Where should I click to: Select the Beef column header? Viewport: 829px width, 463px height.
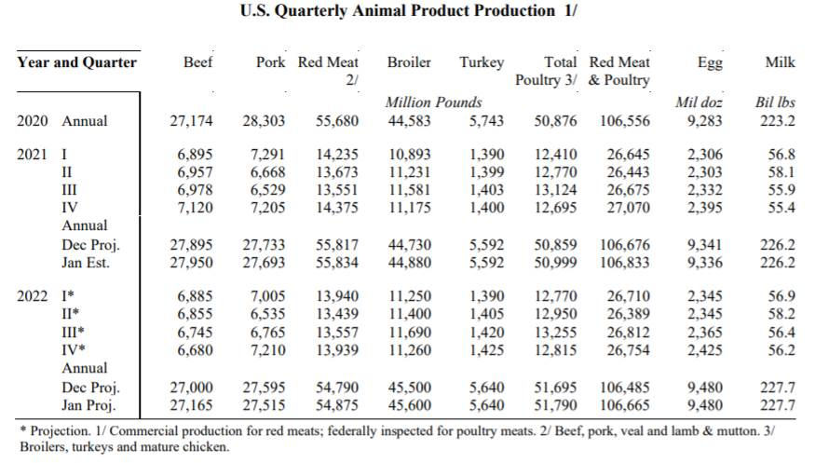(197, 62)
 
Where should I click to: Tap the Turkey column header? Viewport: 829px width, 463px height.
(482, 62)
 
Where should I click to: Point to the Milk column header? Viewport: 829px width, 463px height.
(780, 62)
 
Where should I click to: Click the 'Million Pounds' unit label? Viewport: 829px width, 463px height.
(433, 102)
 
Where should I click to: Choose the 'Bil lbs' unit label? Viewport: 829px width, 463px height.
(774, 102)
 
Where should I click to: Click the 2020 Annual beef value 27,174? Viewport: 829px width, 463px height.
(191, 121)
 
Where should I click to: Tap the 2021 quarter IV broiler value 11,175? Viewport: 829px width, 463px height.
(411, 207)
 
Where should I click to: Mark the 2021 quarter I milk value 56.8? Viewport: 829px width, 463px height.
(782, 155)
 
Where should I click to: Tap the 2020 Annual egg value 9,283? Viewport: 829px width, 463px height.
(703, 121)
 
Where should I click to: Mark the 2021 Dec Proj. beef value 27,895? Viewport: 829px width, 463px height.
(191, 246)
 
